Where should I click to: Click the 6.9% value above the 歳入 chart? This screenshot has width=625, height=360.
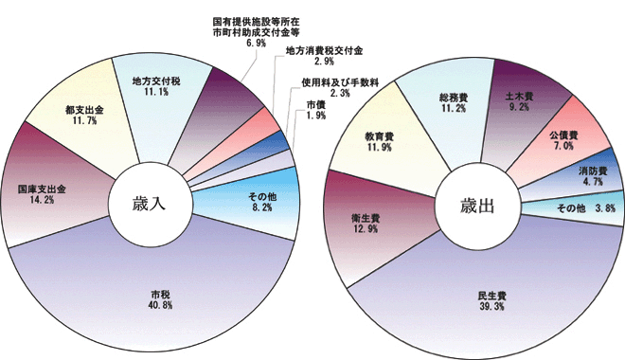pyautogui.click(x=255, y=43)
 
